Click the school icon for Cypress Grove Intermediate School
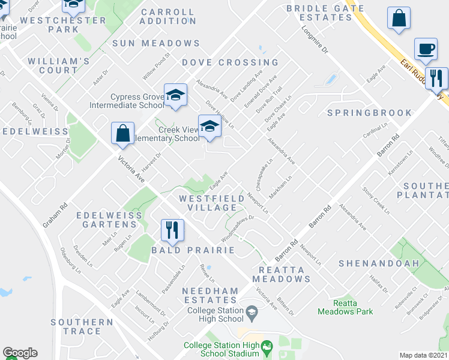click(175, 95)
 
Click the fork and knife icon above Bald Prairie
click(172, 230)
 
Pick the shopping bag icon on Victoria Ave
click(122, 133)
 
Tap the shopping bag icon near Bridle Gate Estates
click(399, 19)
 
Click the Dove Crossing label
click(231, 62)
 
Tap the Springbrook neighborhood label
click(370, 113)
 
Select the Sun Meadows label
click(156, 43)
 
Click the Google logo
click(20, 353)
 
